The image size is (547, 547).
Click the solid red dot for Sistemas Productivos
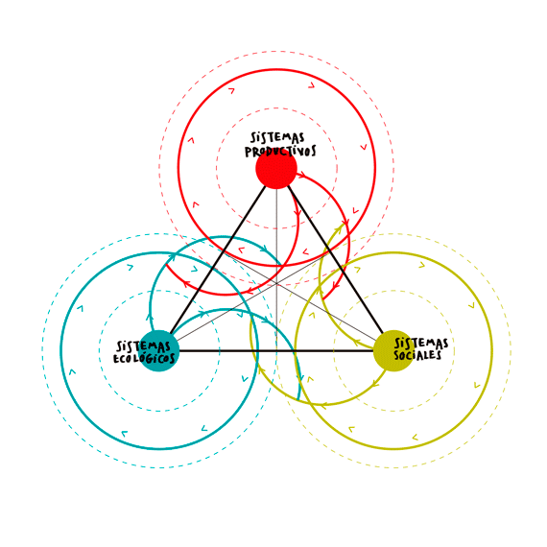click(x=276, y=169)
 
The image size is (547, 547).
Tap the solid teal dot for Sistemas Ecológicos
click(x=158, y=350)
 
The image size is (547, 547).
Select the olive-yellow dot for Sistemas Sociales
click(x=393, y=350)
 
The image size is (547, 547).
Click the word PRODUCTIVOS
click(x=280, y=152)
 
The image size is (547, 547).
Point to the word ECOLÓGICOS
click(x=144, y=358)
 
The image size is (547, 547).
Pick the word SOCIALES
click(x=417, y=355)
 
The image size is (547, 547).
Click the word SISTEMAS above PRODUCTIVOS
click(x=277, y=137)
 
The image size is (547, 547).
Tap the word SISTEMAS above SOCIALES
click(x=421, y=344)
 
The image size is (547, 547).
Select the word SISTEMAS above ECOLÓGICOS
click(x=143, y=346)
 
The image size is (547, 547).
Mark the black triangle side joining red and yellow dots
click(x=336, y=259)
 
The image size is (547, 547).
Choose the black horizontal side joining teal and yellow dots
click(x=276, y=350)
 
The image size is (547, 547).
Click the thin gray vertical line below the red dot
click(x=276, y=270)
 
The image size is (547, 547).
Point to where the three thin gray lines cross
click(x=276, y=282)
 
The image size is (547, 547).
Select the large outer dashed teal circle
click(x=42, y=350)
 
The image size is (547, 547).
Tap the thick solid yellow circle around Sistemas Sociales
click(x=492, y=350)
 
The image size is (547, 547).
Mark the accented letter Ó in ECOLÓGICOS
click(x=143, y=358)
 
